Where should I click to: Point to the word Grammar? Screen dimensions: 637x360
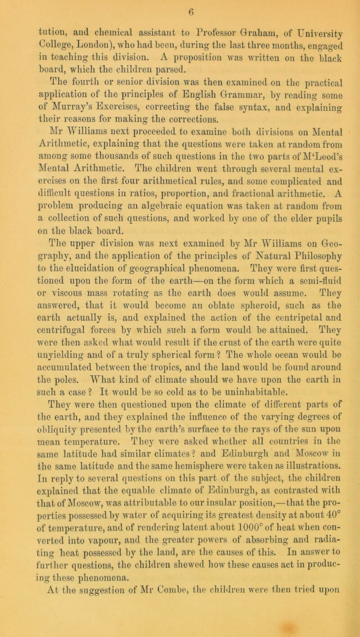pos(234,95)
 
